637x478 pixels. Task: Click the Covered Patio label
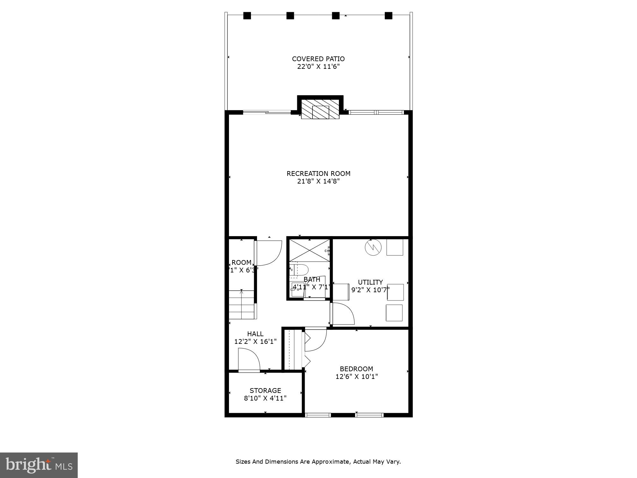tap(318, 59)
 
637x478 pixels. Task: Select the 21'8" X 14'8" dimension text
tap(318, 181)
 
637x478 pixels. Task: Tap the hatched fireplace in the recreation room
tap(320, 109)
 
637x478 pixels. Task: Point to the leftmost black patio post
tap(247, 16)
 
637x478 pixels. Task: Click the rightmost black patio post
tap(388, 16)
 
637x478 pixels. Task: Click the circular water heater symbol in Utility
tap(373, 247)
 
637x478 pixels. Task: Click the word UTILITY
tap(370, 282)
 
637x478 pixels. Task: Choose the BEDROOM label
tap(356, 369)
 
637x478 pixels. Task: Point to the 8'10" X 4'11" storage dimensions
tap(265, 398)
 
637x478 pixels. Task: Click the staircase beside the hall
tap(242, 304)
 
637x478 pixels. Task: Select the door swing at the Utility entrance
tap(343, 314)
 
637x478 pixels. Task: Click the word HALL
tap(255, 334)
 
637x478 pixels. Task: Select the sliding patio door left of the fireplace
tap(267, 112)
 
